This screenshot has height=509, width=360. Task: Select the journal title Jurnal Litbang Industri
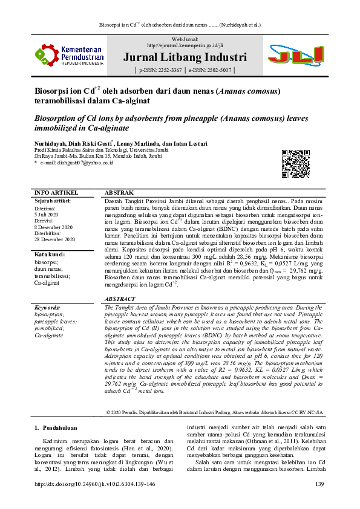[x=185, y=58]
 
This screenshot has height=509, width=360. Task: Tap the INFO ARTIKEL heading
[x=54, y=193]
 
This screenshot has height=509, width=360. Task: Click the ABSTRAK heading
[x=119, y=193]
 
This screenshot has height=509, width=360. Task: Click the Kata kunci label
[x=50, y=254]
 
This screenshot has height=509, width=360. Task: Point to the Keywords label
[x=48, y=308]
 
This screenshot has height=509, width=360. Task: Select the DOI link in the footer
[x=95, y=484]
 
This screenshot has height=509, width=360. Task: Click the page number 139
[x=320, y=484]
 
